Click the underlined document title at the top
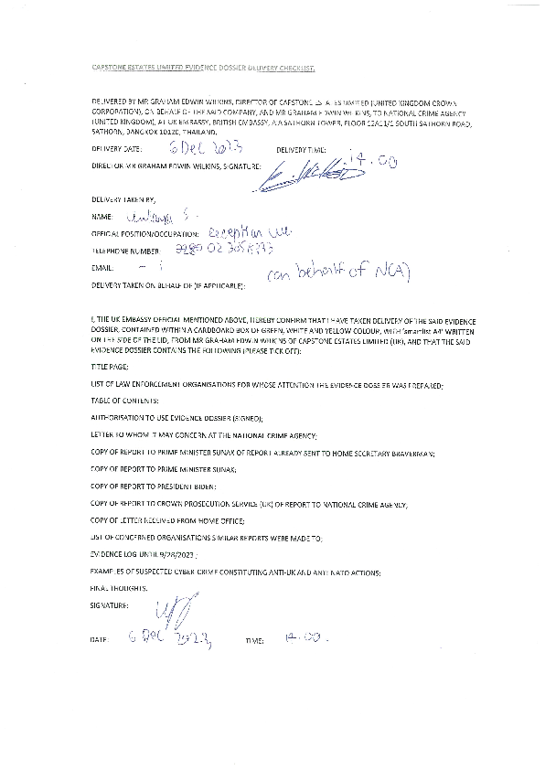pos(205,70)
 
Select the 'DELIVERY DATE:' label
pos(117,148)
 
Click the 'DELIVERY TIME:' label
pos(301,148)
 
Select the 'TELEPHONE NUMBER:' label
pos(126,250)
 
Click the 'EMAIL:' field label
pos(102,268)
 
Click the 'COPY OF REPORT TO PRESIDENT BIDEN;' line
pos(154,487)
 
